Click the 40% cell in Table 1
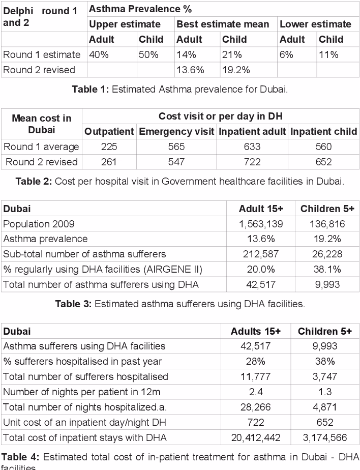click(x=99, y=55)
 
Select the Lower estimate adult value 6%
click(x=286, y=55)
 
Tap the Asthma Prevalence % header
click(x=140, y=9)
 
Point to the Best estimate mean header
click(x=223, y=24)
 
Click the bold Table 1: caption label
click(x=90, y=90)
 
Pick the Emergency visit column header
click(x=176, y=132)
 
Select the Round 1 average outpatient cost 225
click(x=109, y=147)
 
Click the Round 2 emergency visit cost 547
click(x=176, y=162)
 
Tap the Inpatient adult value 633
click(x=252, y=147)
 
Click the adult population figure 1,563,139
click(x=261, y=224)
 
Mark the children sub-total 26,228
click(x=328, y=254)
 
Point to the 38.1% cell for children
click(x=328, y=269)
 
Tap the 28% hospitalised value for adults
click(x=256, y=362)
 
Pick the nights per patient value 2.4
click(x=256, y=392)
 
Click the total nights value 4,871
click(x=325, y=407)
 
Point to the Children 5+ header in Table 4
click(x=325, y=331)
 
